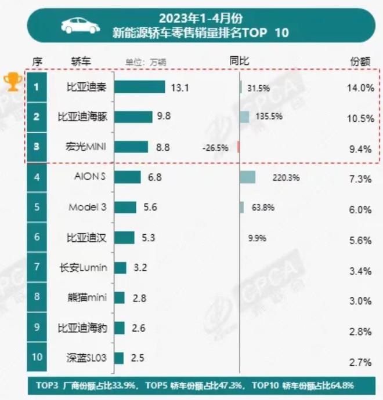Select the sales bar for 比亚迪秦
pyautogui.click(x=139, y=88)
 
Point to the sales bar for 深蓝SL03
pyautogui.click(x=118, y=358)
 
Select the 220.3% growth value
pyautogui.click(x=286, y=178)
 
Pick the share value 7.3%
pyautogui.click(x=359, y=179)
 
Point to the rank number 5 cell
pyautogui.click(x=36, y=207)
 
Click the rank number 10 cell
pyautogui.click(x=36, y=357)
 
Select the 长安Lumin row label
pyautogui.click(x=84, y=268)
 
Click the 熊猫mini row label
pyautogui.click(x=86, y=298)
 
